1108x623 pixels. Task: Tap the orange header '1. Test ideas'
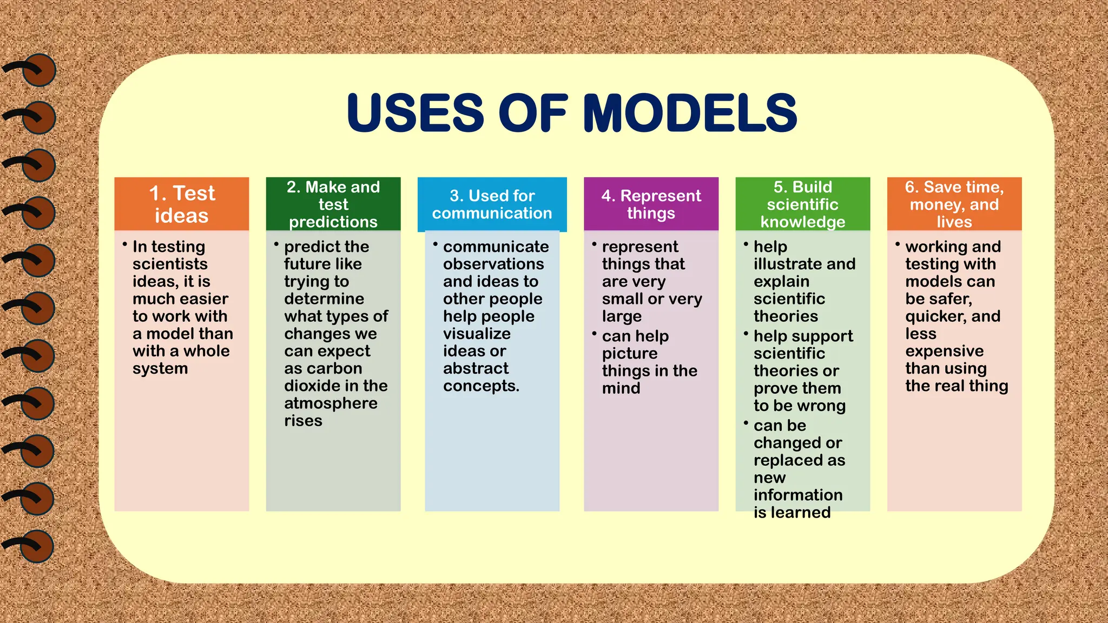coord(182,204)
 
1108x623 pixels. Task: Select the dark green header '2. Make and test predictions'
coord(333,204)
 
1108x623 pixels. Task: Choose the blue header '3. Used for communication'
coord(492,204)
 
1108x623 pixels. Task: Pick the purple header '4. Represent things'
coord(651,204)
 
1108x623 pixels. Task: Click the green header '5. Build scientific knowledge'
coord(802,204)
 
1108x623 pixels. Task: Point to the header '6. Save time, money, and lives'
coord(954,204)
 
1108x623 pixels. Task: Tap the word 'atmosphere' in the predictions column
coord(331,403)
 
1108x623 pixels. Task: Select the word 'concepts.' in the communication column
coord(481,386)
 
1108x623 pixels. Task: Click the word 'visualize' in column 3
coord(477,334)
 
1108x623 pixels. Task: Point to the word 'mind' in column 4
coord(621,388)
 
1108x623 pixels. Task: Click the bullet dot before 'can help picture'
coord(594,334)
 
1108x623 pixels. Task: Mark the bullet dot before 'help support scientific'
coord(746,334)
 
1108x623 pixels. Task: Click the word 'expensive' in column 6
coord(944,352)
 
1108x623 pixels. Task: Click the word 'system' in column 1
coord(160,369)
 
